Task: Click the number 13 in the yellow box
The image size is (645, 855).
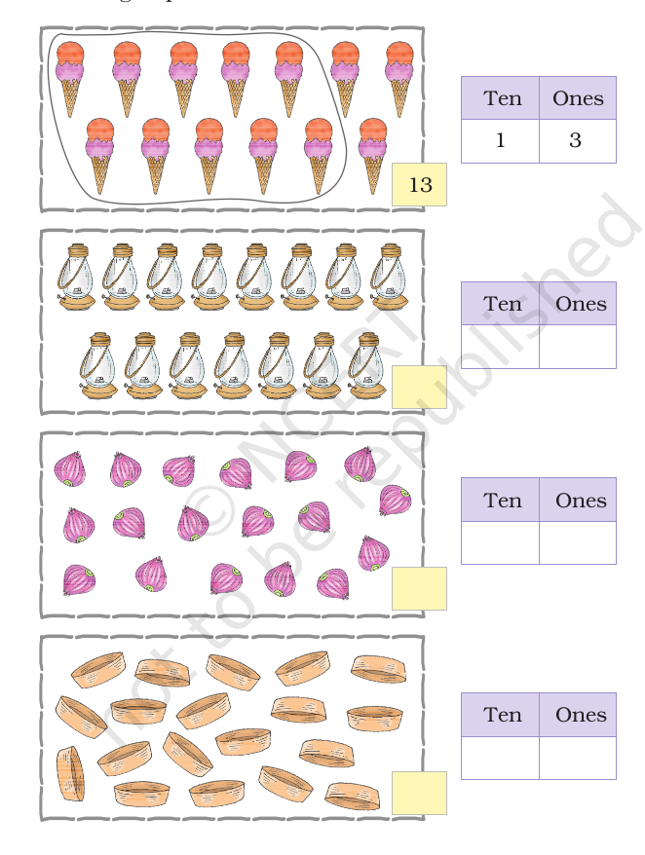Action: (x=420, y=184)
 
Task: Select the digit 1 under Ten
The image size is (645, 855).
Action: (x=500, y=141)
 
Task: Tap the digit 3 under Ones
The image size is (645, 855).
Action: (x=576, y=141)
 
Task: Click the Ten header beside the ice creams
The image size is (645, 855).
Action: (x=500, y=98)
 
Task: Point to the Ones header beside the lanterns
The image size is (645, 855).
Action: (x=581, y=304)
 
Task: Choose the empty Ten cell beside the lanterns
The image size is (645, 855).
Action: (x=500, y=347)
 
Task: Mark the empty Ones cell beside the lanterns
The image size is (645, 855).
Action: (x=577, y=347)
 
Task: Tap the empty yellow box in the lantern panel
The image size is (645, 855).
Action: (x=419, y=387)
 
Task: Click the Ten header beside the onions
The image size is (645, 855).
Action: (x=500, y=501)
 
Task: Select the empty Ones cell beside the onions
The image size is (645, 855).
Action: (x=577, y=542)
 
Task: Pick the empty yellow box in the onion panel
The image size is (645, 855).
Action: (x=419, y=588)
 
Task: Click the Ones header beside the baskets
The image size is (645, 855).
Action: (x=581, y=715)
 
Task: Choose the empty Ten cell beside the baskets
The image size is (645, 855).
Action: (x=500, y=758)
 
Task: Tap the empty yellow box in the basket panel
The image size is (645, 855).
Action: (x=419, y=793)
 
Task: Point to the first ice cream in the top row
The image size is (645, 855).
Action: (x=70, y=78)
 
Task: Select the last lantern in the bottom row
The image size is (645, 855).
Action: (x=366, y=366)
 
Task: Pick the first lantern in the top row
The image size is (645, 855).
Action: (x=76, y=278)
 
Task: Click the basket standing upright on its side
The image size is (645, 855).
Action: (x=70, y=773)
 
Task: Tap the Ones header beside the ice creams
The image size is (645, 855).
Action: (x=578, y=98)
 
